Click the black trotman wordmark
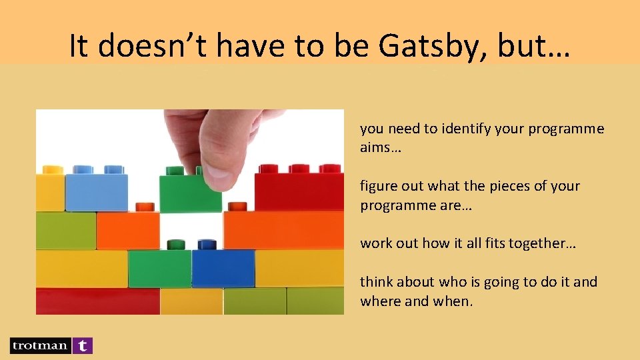click(39, 345)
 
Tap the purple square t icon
click(82, 345)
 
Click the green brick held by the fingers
click(190, 193)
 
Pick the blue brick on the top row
click(96, 191)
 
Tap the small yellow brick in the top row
click(50, 192)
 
